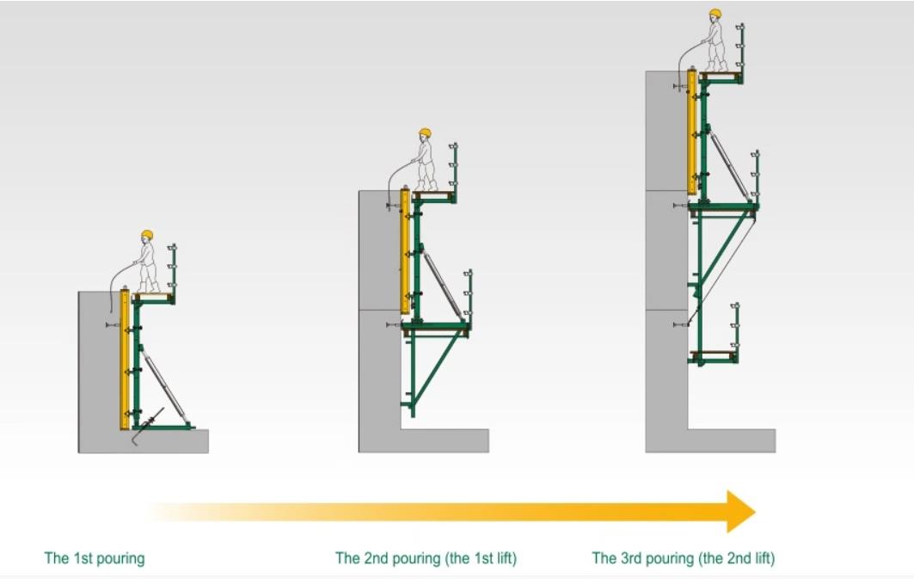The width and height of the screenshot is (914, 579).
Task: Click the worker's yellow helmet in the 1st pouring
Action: pyautogui.click(x=147, y=234)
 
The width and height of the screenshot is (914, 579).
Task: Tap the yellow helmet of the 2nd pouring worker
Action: pyautogui.click(x=425, y=133)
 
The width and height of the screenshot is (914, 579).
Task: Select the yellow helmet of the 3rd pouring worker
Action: pyautogui.click(x=715, y=13)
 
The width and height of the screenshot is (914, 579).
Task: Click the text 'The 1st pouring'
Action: pyautogui.click(x=95, y=558)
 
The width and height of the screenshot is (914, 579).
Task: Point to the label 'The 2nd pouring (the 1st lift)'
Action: pyautogui.click(x=426, y=558)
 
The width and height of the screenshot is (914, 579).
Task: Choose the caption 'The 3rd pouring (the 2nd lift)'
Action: pyautogui.click(x=684, y=558)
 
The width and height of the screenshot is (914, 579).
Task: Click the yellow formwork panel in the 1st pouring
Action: pyautogui.click(x=125, y=359)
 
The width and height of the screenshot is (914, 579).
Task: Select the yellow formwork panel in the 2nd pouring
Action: pyautogui.click(x=405, y=250)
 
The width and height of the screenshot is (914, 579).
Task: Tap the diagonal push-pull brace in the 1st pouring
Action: pyautogui.click(x=163, y=384)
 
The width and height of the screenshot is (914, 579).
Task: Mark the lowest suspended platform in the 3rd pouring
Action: pyautogui.click(x=714, y=354)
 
